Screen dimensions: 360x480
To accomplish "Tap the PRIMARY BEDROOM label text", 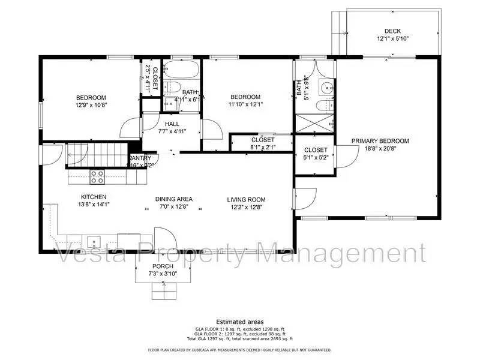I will tap(380, 141).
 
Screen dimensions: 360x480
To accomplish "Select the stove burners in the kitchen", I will tap(97, 176).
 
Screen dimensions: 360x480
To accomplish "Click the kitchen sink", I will tap(94, 242).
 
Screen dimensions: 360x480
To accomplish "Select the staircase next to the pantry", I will tap(96, 155).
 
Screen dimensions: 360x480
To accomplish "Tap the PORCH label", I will tap(163, 266).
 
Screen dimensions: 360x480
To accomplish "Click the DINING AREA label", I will tap(173, 200).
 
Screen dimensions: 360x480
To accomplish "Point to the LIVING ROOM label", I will tap(246, 200).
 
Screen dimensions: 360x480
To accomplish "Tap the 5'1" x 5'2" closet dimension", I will tap(316, 158).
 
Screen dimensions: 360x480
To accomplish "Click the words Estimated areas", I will tap(239, 322).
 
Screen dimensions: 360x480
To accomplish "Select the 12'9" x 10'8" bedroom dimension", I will tap(91, 105).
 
